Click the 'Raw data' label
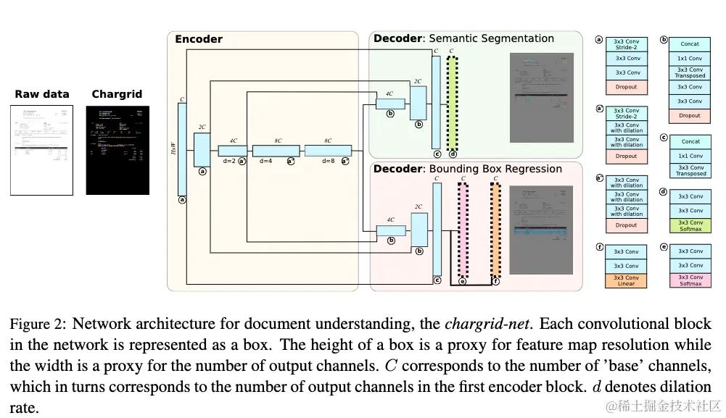(x=42, y=94)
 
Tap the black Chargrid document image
(x=117, y=150)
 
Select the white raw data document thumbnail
(x=42, y=150)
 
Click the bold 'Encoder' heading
(x=199, y=39)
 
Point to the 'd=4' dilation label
(x=265, y=161)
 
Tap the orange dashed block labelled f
(x=495, y=230)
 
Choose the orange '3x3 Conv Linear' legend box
(x=626, y=280)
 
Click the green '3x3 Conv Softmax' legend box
(x=690, y=225)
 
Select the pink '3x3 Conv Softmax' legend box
(x=690, y=280)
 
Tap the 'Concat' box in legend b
(x=690, y=44)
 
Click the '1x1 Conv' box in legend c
(x=690, y=156)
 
